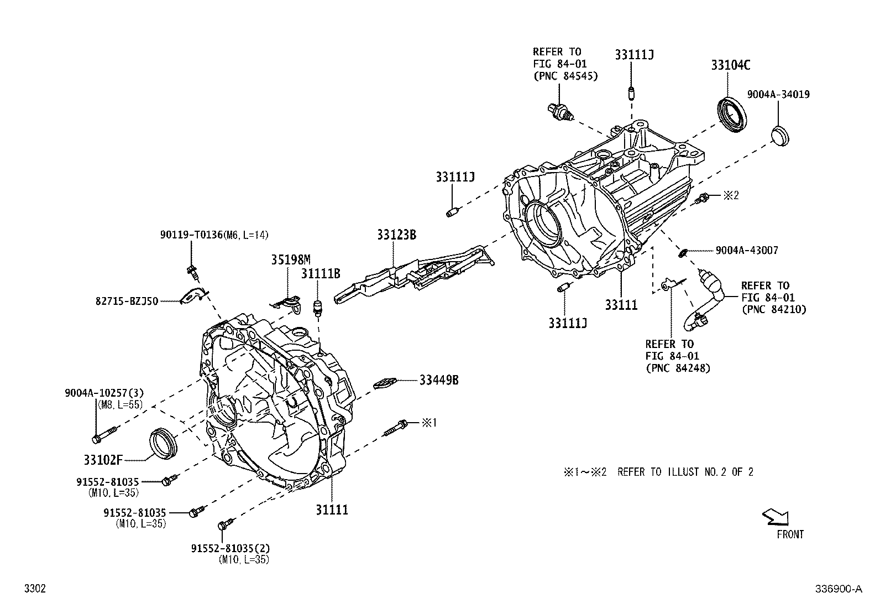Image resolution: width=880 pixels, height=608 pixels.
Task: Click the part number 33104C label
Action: click(730, 65)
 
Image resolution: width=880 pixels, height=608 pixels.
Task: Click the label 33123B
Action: click(396, 235)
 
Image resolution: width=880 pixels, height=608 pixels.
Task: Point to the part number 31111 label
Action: click(332, 510)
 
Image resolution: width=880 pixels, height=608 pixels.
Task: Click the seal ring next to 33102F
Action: click(164, 443)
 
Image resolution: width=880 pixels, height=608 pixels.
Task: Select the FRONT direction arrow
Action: click(776, 517)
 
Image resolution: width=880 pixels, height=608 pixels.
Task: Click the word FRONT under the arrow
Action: click(790, 534)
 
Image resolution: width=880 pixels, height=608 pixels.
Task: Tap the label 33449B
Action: click(438, 380)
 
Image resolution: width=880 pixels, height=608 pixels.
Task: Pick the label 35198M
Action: click(290, 259)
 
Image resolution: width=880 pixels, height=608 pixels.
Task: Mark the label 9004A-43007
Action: click(746, 251)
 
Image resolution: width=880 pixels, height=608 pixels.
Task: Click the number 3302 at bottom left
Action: click(34, 589)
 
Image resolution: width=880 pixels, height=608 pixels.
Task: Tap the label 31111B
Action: click(320, 273)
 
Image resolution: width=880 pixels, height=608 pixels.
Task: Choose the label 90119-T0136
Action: click(191, 235)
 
